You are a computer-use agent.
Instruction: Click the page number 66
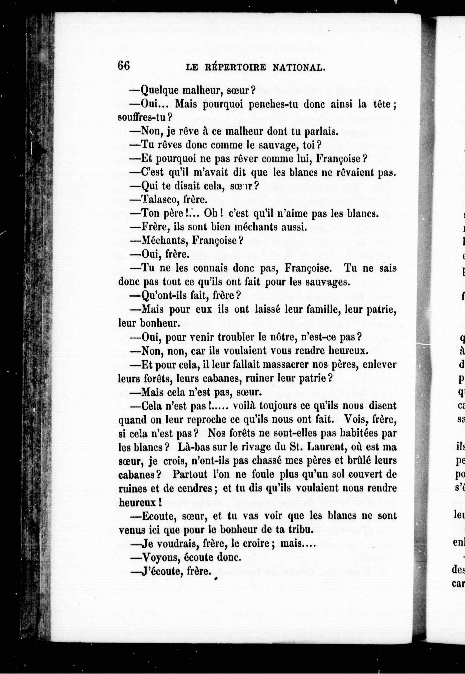124,65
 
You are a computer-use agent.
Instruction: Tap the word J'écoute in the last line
159,571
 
